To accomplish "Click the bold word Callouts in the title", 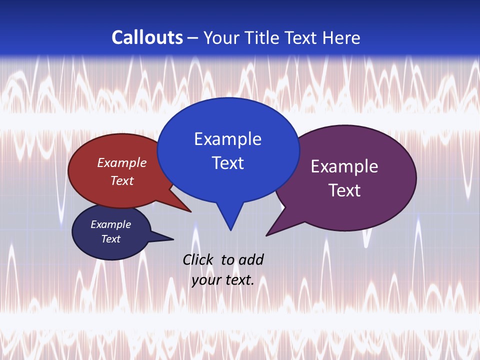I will tap(147, 37).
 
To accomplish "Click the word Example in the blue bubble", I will tap(227, 139).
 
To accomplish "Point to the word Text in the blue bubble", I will tap(227, 163).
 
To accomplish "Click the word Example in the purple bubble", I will tap(344, 166).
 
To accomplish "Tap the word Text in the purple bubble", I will tap(344, 190).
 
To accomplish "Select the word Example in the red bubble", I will tap(121, 163).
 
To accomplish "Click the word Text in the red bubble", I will tap(121, 180).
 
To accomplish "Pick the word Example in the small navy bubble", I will tap(110, 224).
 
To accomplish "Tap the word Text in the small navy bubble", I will tap(110, 239).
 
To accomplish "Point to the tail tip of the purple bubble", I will tap(268, 234).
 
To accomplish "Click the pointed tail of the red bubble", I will tap(187, 209).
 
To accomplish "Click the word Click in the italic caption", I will tap(199, 259).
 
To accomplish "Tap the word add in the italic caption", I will tap(251, 259).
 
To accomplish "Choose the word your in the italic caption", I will tap(206, 280).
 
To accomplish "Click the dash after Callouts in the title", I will tap(193, 38).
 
